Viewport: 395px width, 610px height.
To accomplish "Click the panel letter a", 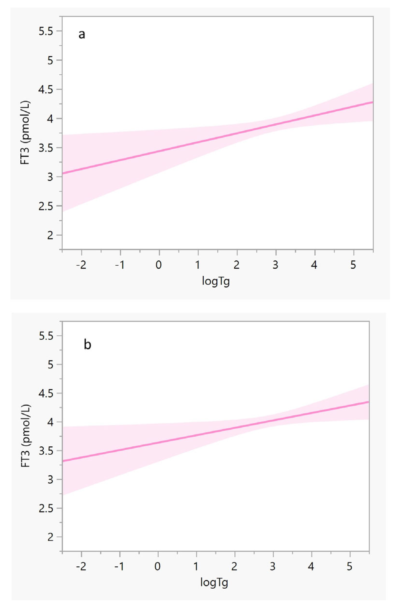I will (82, 34).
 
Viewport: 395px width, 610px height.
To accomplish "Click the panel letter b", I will (87, 345).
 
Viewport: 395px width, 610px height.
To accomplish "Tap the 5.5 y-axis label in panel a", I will (46, 31).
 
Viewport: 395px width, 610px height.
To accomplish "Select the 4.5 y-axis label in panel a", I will (46, 90).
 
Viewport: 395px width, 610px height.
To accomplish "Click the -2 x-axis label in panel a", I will (81, 265).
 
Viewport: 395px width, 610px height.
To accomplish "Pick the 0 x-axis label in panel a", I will (159, 265).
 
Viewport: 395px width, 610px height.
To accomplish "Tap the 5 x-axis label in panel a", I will (353, 265).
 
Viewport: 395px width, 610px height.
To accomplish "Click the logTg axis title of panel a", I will (216, 281).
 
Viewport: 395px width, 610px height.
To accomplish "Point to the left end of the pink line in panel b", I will (63, 461).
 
